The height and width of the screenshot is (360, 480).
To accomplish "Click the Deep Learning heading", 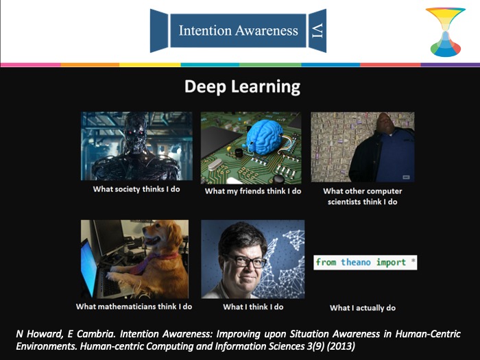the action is tap(242, 87).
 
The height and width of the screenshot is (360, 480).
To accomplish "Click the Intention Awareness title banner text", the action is tap(238, 31).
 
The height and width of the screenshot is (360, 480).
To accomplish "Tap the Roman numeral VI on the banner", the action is tap(317, 31).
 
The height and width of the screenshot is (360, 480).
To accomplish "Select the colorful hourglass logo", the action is tap(446, 32).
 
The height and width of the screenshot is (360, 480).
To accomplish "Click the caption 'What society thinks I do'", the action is tap(136, 189).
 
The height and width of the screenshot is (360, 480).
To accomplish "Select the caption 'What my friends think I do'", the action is tap(253, 191).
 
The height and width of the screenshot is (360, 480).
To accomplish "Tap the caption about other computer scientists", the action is tap(363, 196).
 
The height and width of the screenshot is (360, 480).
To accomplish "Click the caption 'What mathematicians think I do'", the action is tap(134, 307).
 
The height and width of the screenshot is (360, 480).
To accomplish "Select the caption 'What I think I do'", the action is tap(253, 307).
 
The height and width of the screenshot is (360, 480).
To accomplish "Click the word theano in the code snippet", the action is tap(356, 263).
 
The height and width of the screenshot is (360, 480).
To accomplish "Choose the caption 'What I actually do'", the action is tap(363, 308).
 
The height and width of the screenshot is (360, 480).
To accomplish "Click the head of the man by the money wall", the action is tap(386, 122).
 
